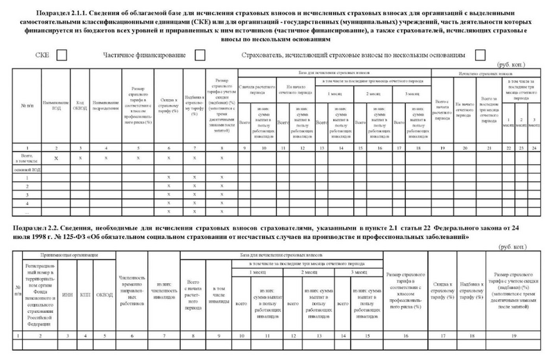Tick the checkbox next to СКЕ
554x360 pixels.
coord(61,55)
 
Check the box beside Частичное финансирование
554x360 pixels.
coord(200,55)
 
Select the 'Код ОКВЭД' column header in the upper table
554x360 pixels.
coord(82,108)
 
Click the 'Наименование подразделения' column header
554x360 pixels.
coord(105,108)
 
